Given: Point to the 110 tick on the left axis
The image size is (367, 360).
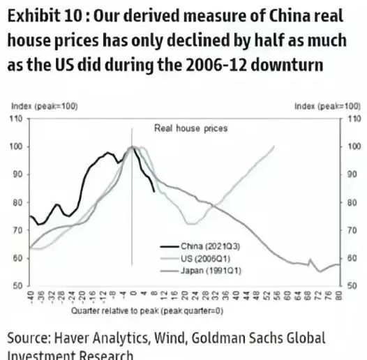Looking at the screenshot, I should (16, 119).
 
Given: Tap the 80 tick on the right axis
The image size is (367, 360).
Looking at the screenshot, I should (353, 202).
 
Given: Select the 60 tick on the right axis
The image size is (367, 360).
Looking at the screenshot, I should (353, 258).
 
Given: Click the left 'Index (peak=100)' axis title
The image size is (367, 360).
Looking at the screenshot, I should (45, 106).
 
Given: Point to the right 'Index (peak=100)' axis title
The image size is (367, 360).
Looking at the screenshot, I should (327, 106).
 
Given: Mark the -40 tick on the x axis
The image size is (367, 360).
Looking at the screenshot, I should (31, 295).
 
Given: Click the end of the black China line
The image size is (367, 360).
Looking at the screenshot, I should (154, 191).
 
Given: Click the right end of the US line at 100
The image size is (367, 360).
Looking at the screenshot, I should (275, 147).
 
